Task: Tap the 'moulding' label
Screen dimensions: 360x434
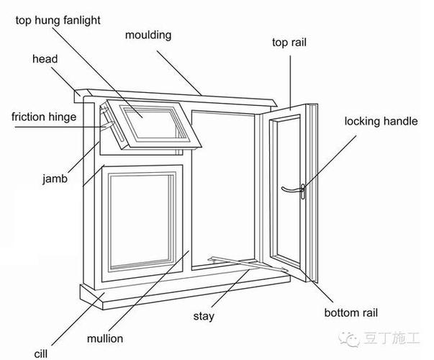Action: (148, 35)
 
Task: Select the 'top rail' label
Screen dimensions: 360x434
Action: (289, 42)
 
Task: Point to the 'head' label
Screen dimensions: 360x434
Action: (45, 59)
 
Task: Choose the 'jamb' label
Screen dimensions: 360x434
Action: (55, 179)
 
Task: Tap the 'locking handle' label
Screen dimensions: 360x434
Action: (380, 121)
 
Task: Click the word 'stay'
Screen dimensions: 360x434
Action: (204, 315)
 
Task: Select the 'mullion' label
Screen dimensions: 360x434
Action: (106, 338)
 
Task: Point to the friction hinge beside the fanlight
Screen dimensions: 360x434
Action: (108, 118)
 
